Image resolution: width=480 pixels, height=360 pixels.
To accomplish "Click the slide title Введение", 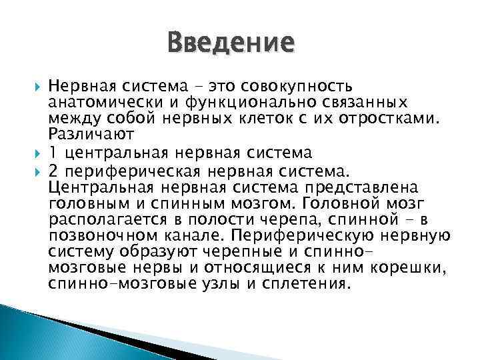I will coord(230,43).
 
